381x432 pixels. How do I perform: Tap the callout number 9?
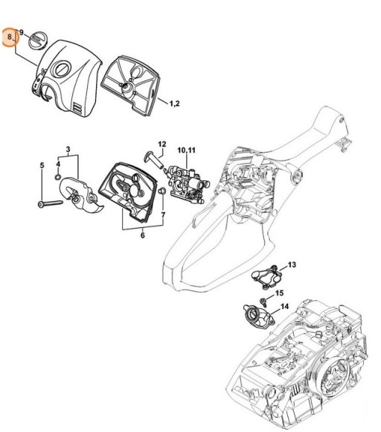tap(22, 33)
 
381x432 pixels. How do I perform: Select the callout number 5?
tap(41, 165)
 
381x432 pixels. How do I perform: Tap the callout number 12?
tap(161, 143)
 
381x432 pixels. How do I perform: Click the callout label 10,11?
tap(185, 150)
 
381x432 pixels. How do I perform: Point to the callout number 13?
tap(292, 264)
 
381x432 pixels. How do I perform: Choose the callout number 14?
tap(285, 306)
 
